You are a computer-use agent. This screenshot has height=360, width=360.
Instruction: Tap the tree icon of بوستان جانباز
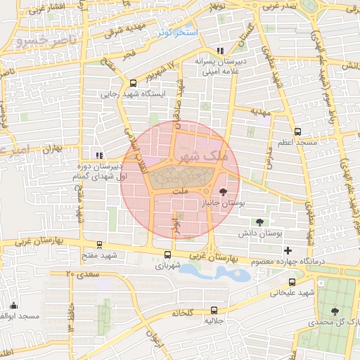(x=223, y=191)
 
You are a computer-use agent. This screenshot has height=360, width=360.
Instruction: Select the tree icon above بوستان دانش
(x=260, y=222)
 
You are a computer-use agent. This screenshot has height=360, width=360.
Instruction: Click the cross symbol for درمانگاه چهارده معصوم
(x=287, y=250)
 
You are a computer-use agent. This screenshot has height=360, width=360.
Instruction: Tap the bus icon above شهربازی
(x=167, y=255)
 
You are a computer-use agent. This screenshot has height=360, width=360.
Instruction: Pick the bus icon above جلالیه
(x=213, y=309)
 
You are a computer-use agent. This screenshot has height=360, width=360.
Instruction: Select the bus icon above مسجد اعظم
(x=297, y=131)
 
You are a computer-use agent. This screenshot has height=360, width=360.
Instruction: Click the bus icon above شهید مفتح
(x=98, y=245)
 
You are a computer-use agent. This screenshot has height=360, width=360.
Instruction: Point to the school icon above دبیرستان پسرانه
(x=221, y=51)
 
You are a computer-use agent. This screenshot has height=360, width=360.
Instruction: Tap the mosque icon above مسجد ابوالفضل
(x=13, y=305)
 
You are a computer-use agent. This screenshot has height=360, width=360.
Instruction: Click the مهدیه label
(x=261, y=111)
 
